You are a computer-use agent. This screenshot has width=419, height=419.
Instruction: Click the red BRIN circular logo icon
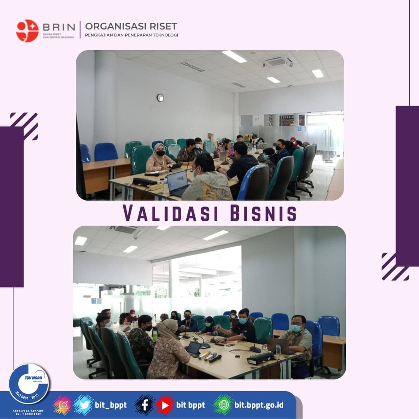27,31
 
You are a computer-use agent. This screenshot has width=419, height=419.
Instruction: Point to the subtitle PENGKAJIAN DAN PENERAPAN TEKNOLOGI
132,35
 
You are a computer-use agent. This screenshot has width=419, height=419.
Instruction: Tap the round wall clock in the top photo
160,98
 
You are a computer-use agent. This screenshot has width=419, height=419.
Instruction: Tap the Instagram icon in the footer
64,405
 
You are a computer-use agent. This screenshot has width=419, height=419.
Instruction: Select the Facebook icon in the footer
145,405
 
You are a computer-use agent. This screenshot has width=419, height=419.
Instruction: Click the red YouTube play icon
165,405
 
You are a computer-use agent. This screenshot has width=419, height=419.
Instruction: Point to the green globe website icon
223,405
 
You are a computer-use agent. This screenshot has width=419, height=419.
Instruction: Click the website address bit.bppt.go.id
259,405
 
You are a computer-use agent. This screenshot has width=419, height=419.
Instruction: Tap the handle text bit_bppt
111,405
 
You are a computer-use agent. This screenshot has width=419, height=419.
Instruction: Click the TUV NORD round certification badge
29,383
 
